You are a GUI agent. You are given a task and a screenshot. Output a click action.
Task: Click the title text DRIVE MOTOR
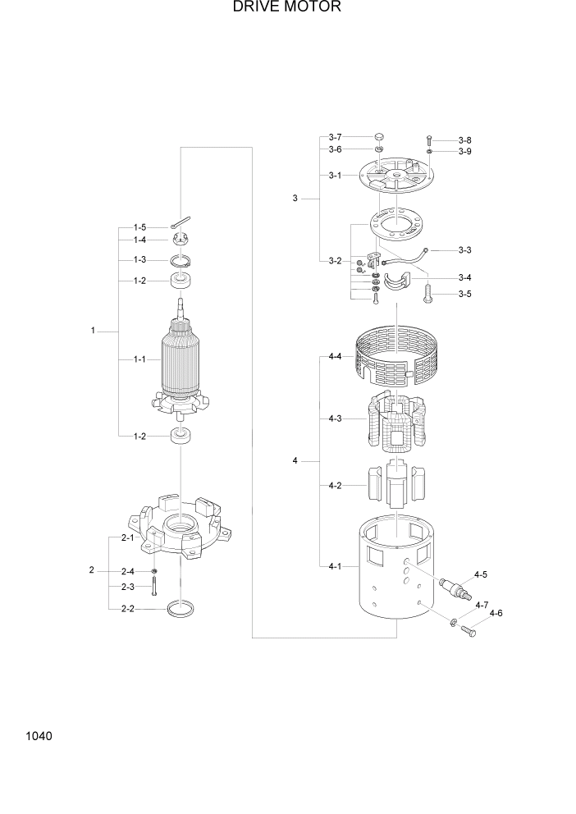(x=286, y=7)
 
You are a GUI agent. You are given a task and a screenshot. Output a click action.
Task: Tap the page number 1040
(x=39, y=736)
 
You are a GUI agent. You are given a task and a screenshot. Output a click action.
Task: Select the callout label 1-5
(x=139, y=226)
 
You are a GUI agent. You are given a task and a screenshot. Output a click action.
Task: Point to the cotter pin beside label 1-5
(x=181, y=223)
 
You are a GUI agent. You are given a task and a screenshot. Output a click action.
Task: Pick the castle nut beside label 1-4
(x=181, y=240)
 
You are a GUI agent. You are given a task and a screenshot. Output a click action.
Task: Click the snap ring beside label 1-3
(x=181, y=261)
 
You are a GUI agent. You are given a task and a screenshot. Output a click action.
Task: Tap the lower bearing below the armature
(x=181, y=436)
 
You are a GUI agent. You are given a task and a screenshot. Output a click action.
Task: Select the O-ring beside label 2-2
(x=181, y=609)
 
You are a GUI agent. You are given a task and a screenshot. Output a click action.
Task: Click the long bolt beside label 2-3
(x=154, y=586)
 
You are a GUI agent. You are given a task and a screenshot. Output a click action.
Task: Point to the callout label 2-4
(x=127, y=571)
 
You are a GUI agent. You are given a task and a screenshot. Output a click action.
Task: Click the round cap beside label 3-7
(x=379, y=137)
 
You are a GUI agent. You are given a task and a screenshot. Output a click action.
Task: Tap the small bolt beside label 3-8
(x=429, y=140)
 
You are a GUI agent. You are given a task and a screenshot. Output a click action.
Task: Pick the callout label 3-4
(x=464, y=277)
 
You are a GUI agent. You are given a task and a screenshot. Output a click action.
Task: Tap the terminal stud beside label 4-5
(x=453, y=588)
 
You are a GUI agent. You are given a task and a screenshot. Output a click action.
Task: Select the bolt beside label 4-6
(x=469, y=630)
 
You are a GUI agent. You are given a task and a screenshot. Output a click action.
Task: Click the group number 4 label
(x=295, y=462)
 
